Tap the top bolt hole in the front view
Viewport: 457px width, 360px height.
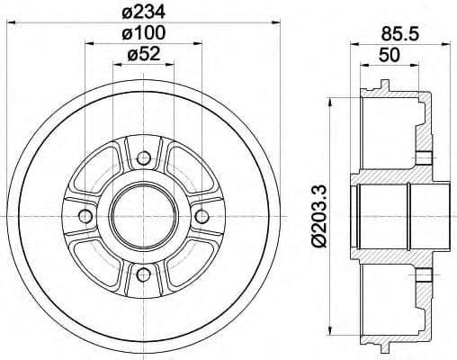tap(142, 160)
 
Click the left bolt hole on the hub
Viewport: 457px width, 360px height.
tap(85, 217)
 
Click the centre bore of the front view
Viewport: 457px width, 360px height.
tap(142, 217)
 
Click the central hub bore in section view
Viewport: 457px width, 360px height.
tap(396, 217)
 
